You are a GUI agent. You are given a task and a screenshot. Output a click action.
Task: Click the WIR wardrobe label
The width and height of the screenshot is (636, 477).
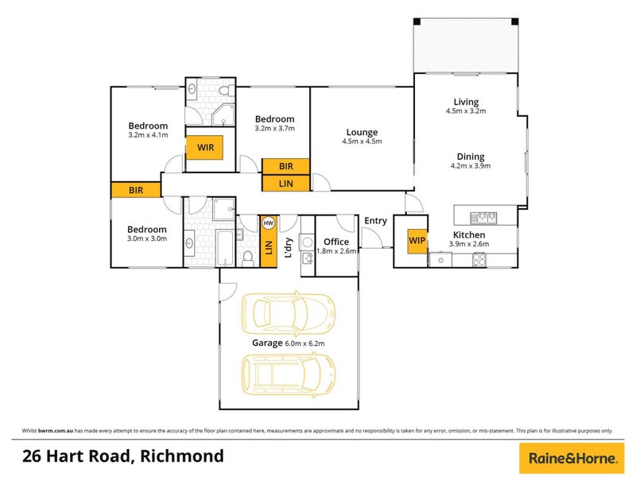click(205, 147)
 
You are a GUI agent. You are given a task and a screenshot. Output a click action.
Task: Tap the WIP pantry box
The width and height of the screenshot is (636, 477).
click(417, 241)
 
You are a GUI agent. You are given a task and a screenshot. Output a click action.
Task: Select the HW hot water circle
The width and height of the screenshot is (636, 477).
click(268, 223)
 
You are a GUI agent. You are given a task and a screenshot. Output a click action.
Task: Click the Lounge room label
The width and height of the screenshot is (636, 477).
click(362, 132)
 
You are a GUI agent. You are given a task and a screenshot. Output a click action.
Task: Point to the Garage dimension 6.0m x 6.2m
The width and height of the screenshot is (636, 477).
click(304, 343)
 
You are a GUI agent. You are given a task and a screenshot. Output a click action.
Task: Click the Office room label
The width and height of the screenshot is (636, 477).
click(336, 242)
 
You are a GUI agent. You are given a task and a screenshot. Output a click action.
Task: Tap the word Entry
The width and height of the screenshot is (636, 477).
click(375, 221)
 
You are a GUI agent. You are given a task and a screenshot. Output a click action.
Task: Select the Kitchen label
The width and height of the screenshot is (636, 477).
click(469, 235)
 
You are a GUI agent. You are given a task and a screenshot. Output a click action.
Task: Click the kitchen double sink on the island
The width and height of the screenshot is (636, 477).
click(483, 218)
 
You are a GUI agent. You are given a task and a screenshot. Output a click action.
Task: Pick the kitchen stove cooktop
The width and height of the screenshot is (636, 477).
click(479, 260)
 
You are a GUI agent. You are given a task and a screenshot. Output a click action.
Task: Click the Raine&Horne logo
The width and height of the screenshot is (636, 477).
click(572, 459)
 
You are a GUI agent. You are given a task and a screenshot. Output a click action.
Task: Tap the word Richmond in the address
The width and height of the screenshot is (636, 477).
click(182, 456)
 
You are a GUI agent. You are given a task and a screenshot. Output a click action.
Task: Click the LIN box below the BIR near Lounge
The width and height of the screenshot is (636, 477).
click(285, 184)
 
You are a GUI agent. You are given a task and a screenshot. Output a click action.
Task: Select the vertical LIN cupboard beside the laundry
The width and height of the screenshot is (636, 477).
click(268, 242)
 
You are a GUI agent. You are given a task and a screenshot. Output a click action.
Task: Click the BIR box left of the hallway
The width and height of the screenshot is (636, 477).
click(136, 190)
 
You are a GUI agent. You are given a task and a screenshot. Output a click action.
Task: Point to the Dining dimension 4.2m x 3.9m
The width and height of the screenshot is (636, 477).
click(471, 166)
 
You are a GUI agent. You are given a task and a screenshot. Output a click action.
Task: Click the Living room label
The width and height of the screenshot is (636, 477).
click(466, 102)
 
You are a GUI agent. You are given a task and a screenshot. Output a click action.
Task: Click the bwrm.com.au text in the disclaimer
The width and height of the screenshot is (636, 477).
click(56, 431)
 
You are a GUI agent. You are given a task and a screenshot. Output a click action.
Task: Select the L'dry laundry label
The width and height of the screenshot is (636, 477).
click(289, 248)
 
